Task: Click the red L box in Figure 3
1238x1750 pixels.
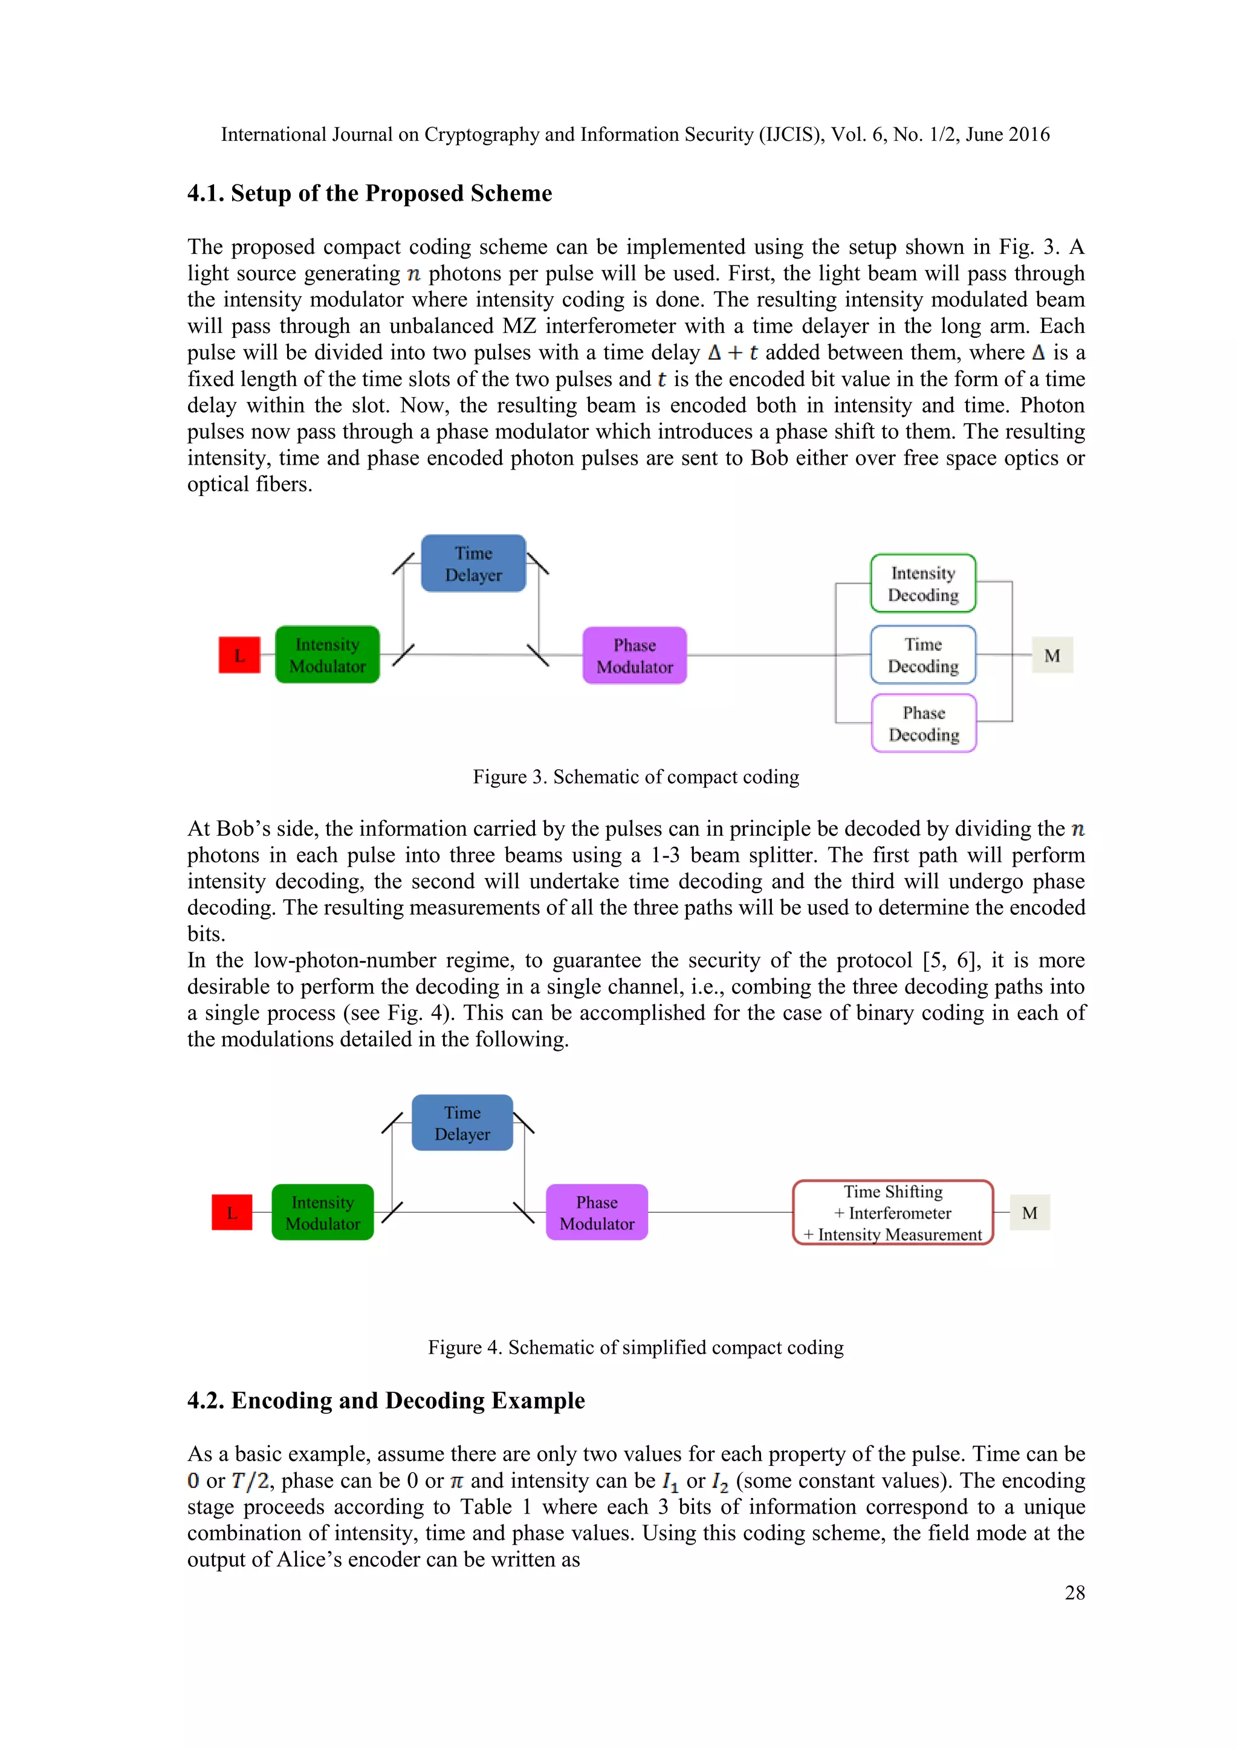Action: click(239, 654)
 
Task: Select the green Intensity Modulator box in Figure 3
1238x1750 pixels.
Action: click(327, 654)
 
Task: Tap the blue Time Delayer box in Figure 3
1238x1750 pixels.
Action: click(473, 563)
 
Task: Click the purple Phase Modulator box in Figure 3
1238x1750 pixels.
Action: click(634, 656)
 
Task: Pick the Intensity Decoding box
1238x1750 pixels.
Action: click(923, 583)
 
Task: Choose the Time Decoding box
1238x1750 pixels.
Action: click(923, 654)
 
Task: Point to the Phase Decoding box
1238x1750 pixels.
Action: click(924, 723)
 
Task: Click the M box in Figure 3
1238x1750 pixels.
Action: click(1052, 654)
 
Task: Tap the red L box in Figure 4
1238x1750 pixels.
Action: click(232, 1212)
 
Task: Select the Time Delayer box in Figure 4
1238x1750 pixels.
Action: click(462, 1123)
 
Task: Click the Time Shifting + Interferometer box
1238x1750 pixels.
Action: click(893, 1212)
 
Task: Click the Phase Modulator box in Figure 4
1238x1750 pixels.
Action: click(597, 1212)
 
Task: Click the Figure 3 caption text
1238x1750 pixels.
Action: click(636, 777)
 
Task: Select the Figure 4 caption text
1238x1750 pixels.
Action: click(636, 1347)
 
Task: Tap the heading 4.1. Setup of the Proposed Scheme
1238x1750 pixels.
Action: click(370, 193)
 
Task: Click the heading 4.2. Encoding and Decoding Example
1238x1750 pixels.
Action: click(386, 1400)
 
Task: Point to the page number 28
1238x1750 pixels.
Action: click(1074, 1592)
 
